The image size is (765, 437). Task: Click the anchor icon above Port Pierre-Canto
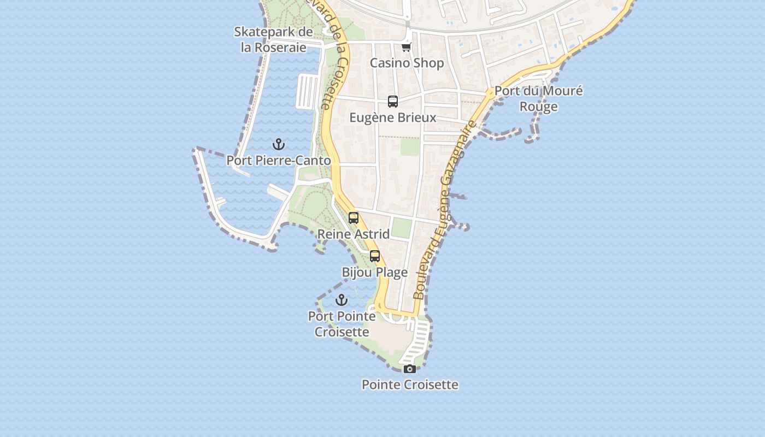279,144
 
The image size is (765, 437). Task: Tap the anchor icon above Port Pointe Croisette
342,300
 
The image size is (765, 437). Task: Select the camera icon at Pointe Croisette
409,369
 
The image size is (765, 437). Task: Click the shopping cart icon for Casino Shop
406,48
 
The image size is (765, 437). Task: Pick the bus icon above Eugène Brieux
393,101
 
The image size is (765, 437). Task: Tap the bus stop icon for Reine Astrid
354,218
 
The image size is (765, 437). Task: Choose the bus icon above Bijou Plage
375,256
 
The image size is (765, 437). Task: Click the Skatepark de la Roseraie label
273,39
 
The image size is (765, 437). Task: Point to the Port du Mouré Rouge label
538,98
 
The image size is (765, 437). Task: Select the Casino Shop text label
407,63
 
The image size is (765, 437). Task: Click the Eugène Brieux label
393,117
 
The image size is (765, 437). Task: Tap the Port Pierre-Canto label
279,161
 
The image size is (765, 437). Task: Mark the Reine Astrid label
354,234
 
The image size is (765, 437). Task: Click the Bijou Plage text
375,272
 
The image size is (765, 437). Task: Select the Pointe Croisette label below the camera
410,385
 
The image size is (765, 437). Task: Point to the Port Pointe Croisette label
342,324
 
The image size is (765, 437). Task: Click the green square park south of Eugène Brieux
409,146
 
